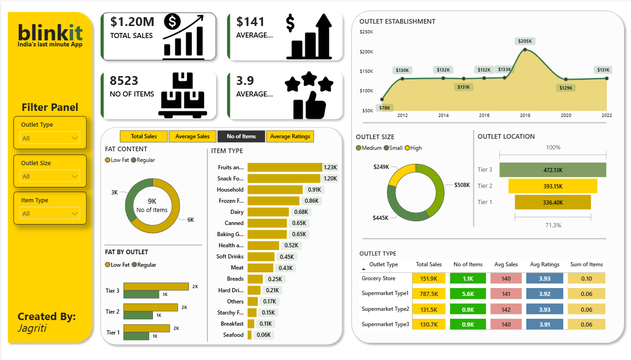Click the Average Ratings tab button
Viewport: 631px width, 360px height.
(x=290, y=136)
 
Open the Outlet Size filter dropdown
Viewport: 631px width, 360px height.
(x=50, y=176)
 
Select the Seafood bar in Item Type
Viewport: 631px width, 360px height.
(x=249, y=335)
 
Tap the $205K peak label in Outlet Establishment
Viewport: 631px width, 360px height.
(x=525, y=41)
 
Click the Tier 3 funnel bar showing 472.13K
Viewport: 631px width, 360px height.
(x=553, y=170)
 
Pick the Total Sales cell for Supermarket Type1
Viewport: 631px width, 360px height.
(x=429, y=294)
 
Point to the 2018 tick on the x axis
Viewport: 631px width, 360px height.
(x=525, y=116)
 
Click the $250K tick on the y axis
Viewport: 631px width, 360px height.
(x=366, y=32)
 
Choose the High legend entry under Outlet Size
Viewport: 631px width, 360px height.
(x=414, y=148)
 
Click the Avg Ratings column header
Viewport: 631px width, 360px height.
(x=545, y=264)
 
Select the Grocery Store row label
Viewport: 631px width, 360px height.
(x=378, y=278)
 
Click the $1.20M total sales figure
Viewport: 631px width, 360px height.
(x=132, y=22)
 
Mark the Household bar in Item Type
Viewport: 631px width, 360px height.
(x=275, y=190)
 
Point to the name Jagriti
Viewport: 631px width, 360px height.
(x=32, y=328)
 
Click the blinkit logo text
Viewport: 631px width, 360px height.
(x=50, y=32)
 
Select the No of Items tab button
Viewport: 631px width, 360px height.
(x=241, y=136)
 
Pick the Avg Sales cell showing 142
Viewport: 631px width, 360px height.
(x=506, y=309)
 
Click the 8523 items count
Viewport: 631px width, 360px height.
(x=124, y=81)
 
